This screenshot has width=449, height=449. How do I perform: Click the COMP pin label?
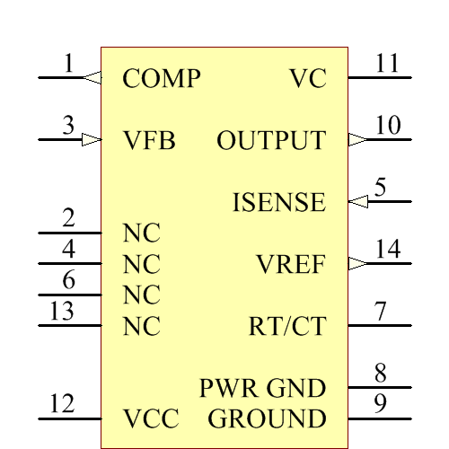[161, 79]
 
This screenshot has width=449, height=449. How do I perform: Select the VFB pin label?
[148, 141]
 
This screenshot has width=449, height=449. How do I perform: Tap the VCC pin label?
[151, 419]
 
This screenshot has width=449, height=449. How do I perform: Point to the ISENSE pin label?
[278, 203]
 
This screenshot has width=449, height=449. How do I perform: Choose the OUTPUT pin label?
[271, 141]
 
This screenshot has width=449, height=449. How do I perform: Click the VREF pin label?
[290, 265]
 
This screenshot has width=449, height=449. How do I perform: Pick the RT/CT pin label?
[286, 327]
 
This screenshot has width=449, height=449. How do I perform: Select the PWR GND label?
[262, 389]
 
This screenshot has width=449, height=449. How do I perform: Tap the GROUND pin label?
[267, 419]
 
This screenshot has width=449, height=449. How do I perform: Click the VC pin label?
[307, 79]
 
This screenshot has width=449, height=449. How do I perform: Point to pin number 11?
[387, 64]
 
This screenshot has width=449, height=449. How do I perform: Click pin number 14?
[387, 250]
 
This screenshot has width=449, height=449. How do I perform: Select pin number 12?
[61, 405]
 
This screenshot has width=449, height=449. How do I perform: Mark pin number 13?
[61, 312]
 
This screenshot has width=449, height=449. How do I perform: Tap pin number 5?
[381, 188]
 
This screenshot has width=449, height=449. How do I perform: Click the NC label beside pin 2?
[141, 233]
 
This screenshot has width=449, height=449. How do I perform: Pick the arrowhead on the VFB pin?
[91, 139]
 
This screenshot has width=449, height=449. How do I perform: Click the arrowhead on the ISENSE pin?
[357, 201]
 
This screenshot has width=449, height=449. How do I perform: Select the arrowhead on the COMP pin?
[92, 78]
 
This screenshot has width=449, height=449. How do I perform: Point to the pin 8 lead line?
[379, 388]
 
